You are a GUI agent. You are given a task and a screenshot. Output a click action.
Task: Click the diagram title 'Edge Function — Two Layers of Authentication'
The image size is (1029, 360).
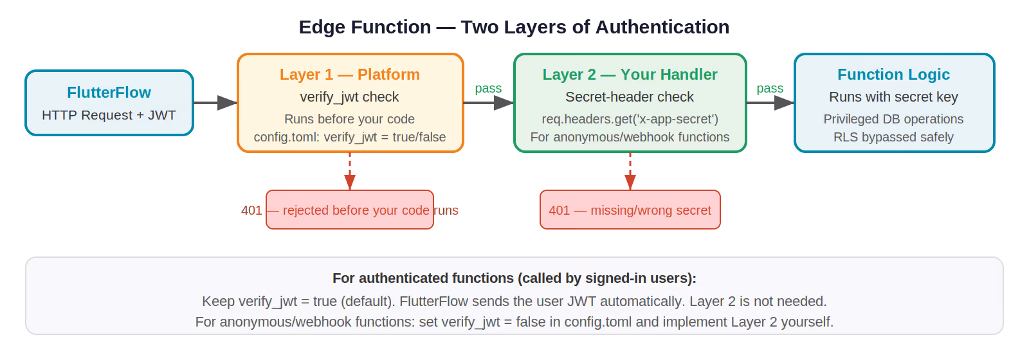tap(514, 27)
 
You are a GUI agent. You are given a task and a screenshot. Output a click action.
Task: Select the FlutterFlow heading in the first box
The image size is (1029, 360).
tap(109, 93)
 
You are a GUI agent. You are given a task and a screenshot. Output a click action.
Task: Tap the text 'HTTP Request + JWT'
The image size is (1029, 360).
tap(109, 115)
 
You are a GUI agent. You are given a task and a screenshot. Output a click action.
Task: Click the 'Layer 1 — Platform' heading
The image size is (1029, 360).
tap(350, 75)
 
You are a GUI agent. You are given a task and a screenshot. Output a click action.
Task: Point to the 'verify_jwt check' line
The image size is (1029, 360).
tap(350, 97)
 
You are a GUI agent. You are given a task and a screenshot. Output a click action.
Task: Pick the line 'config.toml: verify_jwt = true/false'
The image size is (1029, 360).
tap(350, 137)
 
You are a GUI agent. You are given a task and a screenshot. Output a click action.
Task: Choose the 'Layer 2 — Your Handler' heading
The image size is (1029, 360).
tap(630, 75)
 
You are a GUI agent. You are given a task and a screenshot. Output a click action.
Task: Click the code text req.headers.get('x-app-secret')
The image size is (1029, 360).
tap(630, 119)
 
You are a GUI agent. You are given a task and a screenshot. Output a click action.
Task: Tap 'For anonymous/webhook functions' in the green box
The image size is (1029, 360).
tap(630, 137)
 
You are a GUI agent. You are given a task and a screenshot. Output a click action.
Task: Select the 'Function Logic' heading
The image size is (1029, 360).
tap(893, 75)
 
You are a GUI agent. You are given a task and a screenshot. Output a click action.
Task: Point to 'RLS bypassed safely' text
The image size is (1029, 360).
tap(893, 137)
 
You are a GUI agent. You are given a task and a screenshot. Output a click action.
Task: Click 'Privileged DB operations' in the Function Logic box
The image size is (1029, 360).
tap(893, 119)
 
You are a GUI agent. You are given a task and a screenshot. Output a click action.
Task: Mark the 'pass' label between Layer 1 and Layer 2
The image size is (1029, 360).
tap(488, 89)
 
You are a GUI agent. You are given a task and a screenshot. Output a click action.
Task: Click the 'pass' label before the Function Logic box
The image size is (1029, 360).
tap(770, 89)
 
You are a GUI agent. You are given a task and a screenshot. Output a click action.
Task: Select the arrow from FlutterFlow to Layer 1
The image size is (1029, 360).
tap(215, 103)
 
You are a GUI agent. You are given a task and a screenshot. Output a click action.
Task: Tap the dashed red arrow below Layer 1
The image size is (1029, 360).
tap(350, 171)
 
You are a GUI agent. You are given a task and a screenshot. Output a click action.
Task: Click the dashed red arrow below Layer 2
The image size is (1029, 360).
tap(630, 171)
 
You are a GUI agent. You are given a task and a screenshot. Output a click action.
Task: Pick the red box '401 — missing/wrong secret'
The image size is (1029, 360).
tap(630, 210)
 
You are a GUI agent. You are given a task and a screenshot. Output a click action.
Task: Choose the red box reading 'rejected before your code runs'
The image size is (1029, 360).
tap(350, 210)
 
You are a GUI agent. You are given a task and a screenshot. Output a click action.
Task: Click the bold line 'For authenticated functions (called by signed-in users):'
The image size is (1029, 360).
tap(514, 278)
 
